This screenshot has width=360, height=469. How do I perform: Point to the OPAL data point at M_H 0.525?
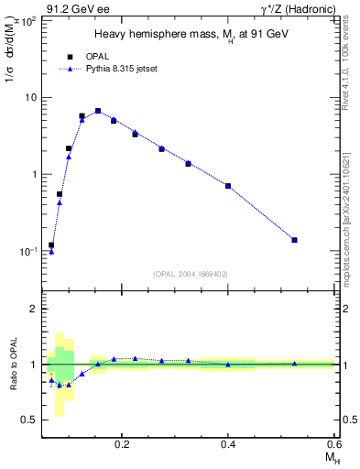[294, 240]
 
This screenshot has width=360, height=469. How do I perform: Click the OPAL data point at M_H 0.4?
[228, 186]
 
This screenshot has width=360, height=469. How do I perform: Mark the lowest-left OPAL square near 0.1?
[51, 245]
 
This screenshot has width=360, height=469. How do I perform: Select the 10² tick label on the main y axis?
[29, 19]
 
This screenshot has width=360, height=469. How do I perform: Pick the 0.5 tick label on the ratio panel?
[30, 420]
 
